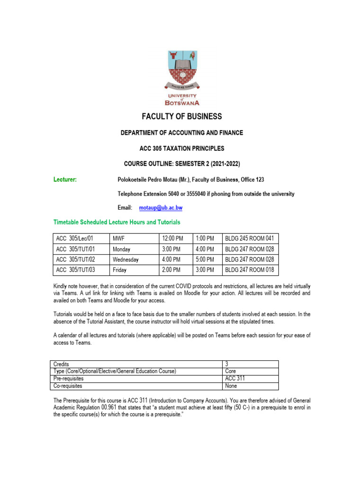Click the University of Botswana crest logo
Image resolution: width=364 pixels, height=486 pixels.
pyautogui.click(x=182, y=77)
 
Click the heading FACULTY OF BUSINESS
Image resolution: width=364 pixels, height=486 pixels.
pyautogui.click(x=182, y=117)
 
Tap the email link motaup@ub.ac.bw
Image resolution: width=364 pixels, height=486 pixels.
pyautogui.click(x=161, y=208)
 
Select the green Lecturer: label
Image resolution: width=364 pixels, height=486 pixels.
pyautogui.click(x=65, y=179)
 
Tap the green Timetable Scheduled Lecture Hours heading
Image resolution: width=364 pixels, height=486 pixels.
pyautogui.click(x=117, y=222)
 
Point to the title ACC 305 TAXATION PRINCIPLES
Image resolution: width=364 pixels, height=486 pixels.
pyautogui.click(x=182, y=149)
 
